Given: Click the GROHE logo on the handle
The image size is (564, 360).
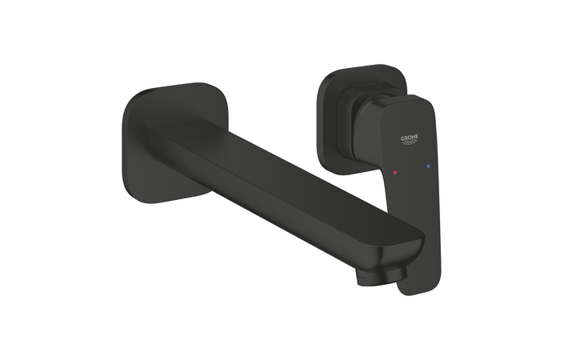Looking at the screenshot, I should coord(409,139).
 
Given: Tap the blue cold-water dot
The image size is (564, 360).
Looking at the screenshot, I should coord(429,166).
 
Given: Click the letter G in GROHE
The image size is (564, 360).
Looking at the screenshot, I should coord(402,138).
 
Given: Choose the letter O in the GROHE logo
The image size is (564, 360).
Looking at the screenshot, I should coord(409,138).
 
